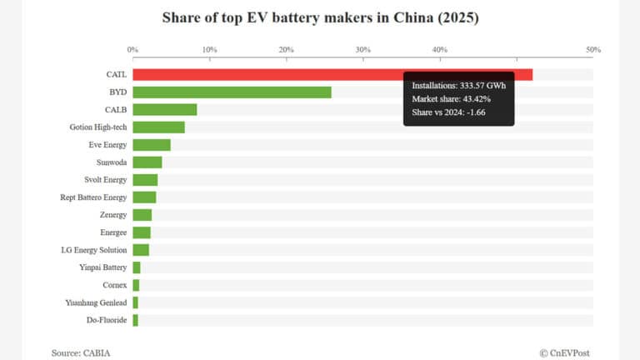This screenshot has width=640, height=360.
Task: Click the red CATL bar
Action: pyautogui.click(x=267, y=74)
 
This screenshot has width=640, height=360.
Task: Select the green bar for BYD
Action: pyautogui.click(x=232, y=92)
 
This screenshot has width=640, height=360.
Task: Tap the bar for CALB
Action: pyautogui.click(x=165, y=109)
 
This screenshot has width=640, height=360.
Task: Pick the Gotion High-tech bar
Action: pyautogui.click(x=158, y=127)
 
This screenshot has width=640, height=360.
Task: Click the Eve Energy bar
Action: pyautogui.click(x=152, y=144)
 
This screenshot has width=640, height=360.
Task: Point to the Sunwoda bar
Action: pyautogui.click(x=147, y=162)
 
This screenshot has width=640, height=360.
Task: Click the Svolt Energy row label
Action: pyautogui.click(x=106, y=179)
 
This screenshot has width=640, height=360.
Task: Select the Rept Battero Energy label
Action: pyautogui.click(x=94, y=197)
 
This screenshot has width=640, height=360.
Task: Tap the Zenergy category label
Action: pyautogui.click(x=112, y=215)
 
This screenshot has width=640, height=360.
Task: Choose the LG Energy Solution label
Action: pyautogui.click(x=94, y=250)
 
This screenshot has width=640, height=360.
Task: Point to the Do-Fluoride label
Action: pyautogui.click(x=107, y=320)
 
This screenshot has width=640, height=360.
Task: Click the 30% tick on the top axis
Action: pyautogui.click(x=363, y=50)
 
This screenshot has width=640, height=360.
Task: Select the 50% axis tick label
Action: pyautogui.click(x=593, y=50)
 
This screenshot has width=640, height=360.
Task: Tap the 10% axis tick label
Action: pyautogui.click(x=209, y=50)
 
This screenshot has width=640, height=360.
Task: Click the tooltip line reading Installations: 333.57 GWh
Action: pyautogui.click(x=458, y=86)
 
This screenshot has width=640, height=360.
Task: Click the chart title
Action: pyautogui.click(x=320, y=17)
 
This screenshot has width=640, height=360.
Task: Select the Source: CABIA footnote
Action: pyautogui.click(x=81, y=352)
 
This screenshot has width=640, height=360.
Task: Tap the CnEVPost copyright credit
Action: pyautogui.click(x=564, y=352)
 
